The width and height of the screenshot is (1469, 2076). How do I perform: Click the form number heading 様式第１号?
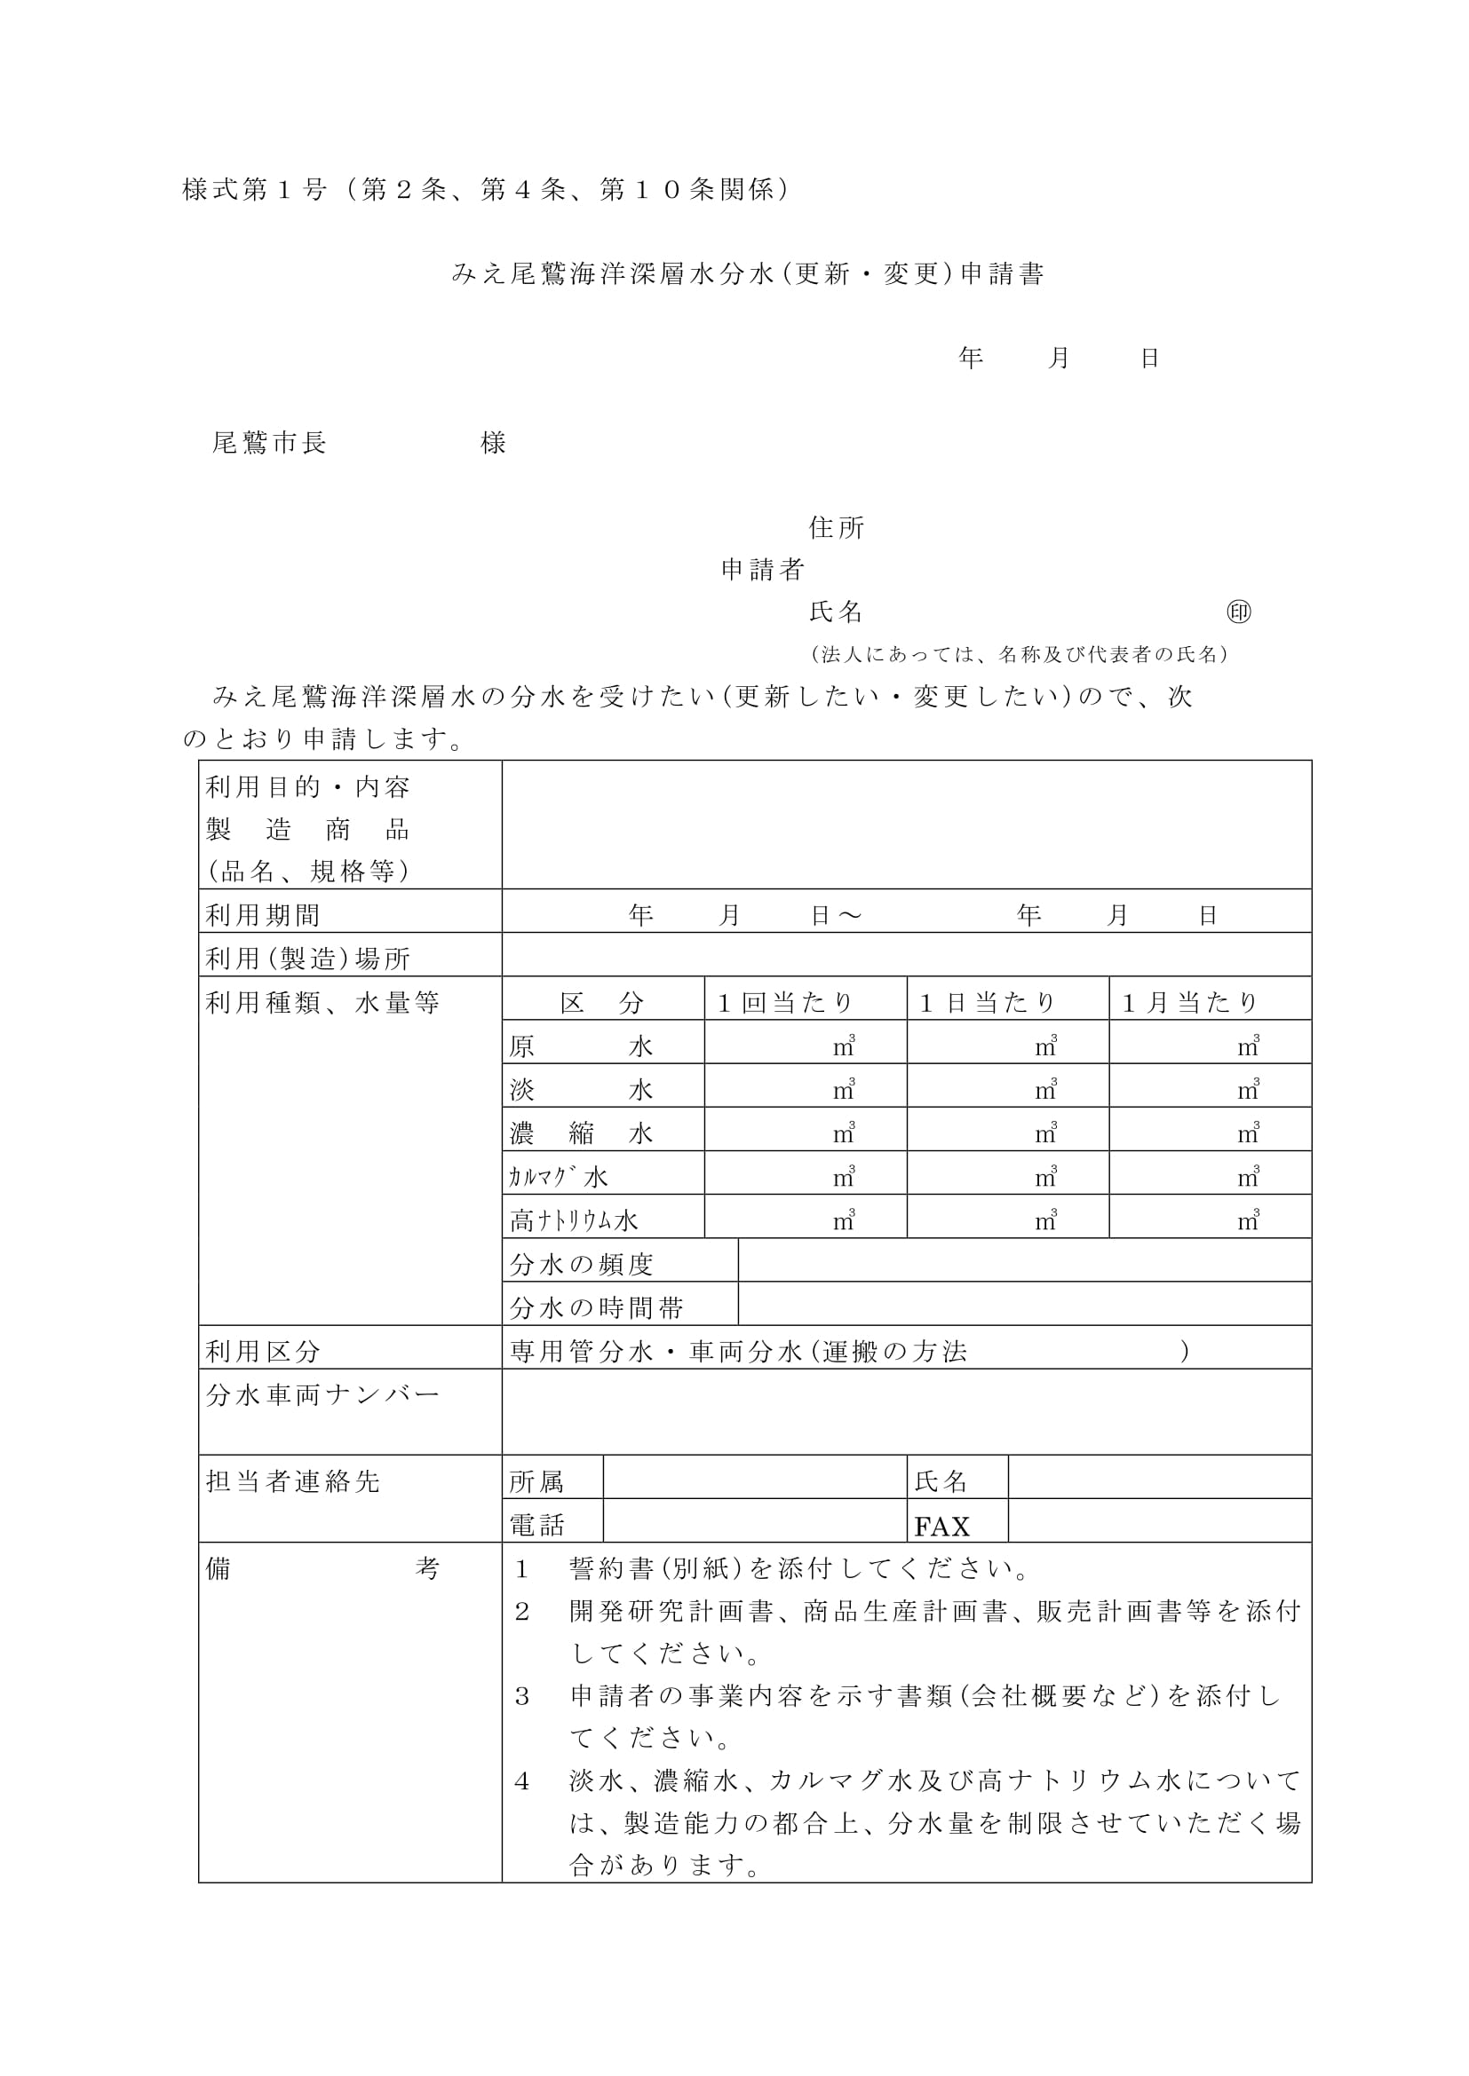point(254,190)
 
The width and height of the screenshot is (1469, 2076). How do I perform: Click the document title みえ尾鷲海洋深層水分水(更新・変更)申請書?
point(748,274)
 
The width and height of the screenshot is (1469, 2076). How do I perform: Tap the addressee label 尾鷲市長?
point(268,443)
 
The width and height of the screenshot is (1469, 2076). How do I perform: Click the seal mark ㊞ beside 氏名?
point(1238,612)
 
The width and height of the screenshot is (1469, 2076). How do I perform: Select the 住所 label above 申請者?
point(836,528)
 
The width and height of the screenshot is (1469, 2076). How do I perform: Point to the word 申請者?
point(763,570)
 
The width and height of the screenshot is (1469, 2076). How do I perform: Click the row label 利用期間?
point(263,915)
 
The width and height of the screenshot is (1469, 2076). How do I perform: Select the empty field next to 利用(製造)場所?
point(907,955)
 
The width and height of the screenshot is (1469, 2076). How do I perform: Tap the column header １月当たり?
point(1190,1002)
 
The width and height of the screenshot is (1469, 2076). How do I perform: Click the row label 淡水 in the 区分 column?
point(581,1090)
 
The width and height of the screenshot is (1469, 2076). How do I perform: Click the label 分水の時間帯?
point(597,1307)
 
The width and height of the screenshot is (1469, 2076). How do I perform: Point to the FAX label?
point(941,1527)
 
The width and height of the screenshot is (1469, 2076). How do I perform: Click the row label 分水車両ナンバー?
point(322,1394)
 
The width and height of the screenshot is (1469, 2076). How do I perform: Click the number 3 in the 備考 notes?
point(522,1696)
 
